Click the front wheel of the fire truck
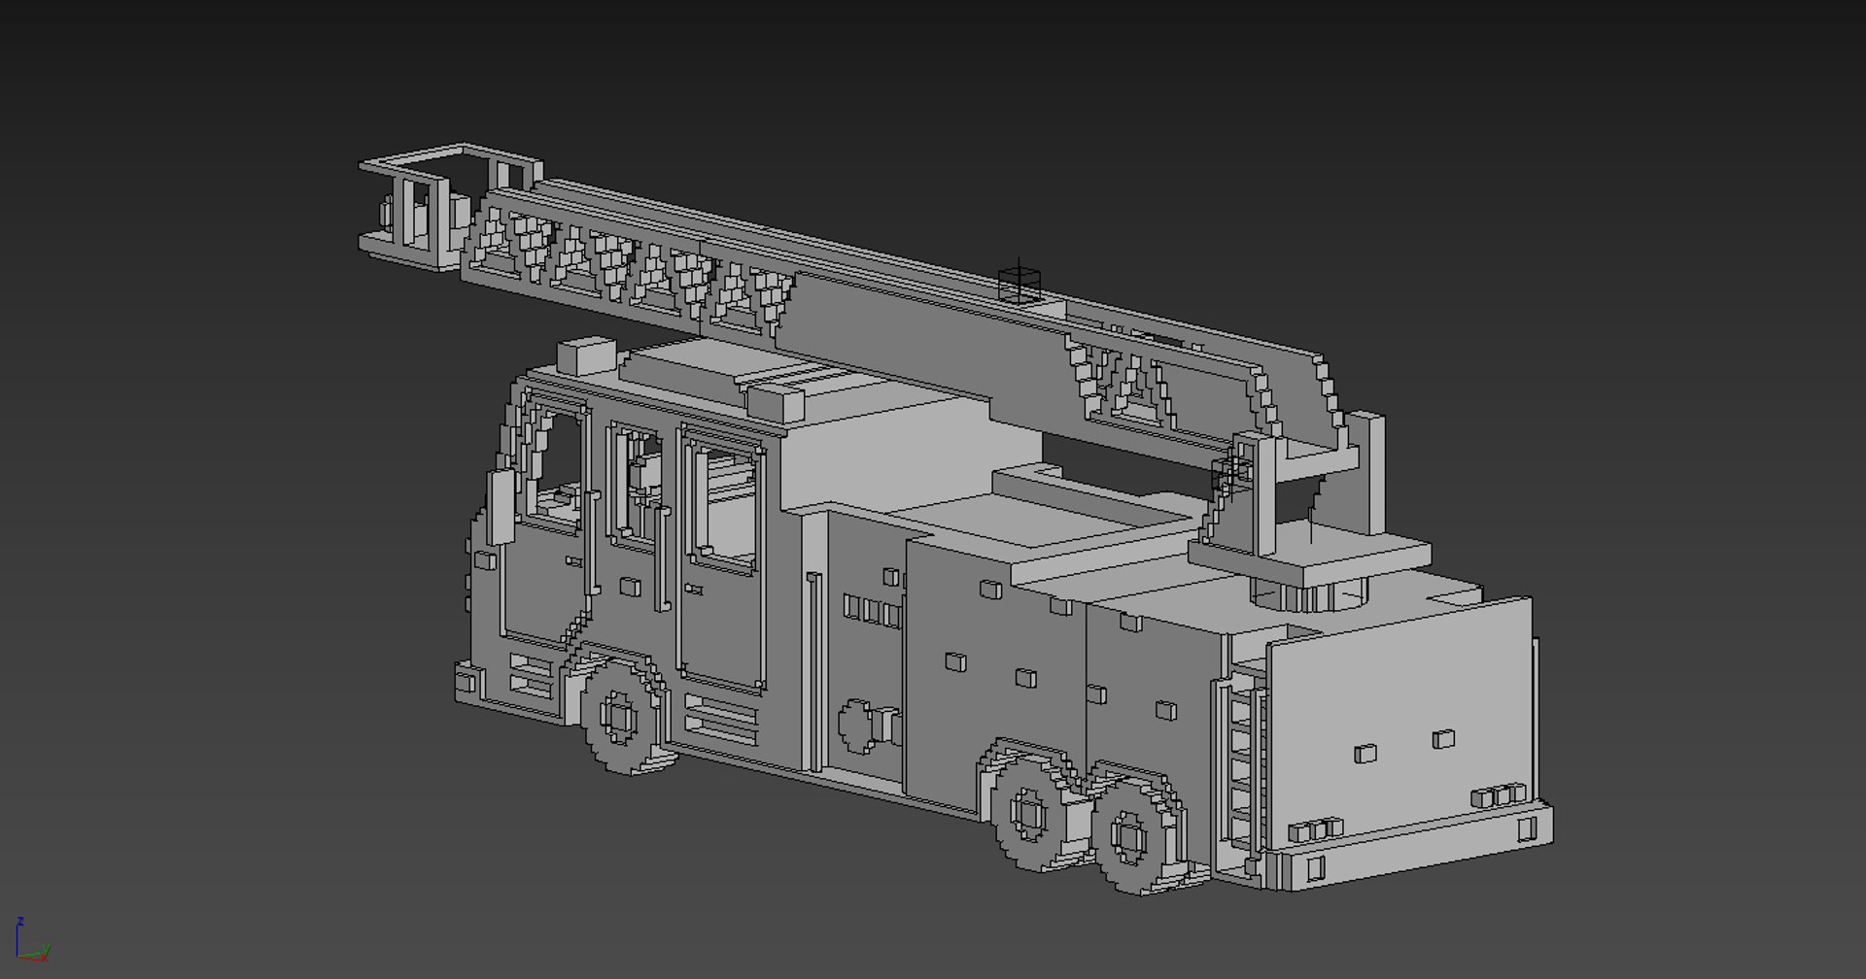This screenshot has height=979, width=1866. [618, 718]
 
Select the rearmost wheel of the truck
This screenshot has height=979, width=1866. [1130, 836]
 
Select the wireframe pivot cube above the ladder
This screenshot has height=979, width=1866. [1019, 283]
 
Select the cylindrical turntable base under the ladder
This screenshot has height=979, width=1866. [1307, 593]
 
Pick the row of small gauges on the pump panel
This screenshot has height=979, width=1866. [872, 611]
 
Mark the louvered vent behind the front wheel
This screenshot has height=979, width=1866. [720, 717]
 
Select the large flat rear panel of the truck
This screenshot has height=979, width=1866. [1399, 719]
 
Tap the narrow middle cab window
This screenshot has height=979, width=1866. [637, 486]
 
